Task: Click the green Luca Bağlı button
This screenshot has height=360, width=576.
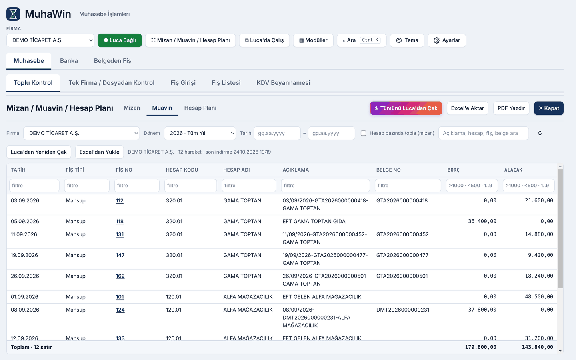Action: (x=120, y=40)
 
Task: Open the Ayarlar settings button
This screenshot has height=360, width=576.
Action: (x=447, y=40)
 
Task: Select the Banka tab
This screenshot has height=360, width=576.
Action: (x=69, y=61)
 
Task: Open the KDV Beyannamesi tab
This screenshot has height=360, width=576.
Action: (x=283, y=82)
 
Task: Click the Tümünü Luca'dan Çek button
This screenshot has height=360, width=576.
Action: (x=406, y=108)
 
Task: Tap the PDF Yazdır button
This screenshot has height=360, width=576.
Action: (x=511, y=108)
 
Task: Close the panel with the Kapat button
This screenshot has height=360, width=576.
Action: (x=549, y=108)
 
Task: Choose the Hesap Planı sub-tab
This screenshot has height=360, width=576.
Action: (x=200, y=108)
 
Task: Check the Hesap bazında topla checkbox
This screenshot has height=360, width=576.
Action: (x=363, y=133)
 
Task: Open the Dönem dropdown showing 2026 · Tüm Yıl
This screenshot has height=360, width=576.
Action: (x=200, y=133)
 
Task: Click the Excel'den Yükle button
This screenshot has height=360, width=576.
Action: (x=99, y=152)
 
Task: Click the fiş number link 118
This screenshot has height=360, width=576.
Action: (x=120, y=222)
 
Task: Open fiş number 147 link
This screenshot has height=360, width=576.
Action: (x=120, y=255)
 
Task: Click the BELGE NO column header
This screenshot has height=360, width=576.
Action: (x=388, y=170)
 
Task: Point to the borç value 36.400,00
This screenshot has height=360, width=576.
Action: (x=482, y=222)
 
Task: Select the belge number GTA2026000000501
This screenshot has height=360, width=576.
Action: (x=402, y=276)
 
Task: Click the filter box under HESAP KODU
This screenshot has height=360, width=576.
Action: (x=190, y=186)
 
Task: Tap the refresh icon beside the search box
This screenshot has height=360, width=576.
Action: (x=540, y=133)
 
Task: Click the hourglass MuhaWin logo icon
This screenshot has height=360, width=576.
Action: (x=13, y=14)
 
